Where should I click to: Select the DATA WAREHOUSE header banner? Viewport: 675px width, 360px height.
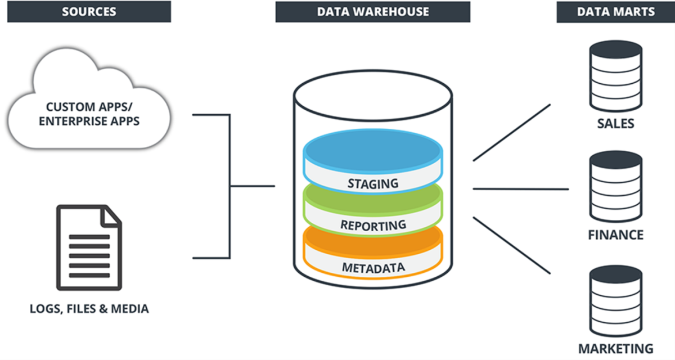(372, 11)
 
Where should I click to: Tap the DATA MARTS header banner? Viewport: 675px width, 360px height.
(615, 11)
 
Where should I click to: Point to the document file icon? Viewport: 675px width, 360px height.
(88, 247)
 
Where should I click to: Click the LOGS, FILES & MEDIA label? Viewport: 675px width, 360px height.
(89, 308)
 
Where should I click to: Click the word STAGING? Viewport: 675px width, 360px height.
(372, 183)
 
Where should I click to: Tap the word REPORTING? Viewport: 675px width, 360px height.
(372, 225)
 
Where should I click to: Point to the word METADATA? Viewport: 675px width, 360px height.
(372, 267)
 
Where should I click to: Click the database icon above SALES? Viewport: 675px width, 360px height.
(615, 76)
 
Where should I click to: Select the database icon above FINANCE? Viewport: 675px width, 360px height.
(615, 188)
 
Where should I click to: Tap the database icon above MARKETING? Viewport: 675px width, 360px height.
(615, 301)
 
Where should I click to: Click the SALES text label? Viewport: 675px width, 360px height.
(615, 123)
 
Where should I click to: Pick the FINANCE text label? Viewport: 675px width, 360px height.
(615, 234)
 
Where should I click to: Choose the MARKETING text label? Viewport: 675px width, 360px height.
(615, 348)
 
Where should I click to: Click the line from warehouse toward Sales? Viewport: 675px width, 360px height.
(511, 133)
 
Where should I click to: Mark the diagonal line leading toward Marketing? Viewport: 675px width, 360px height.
(511, 245)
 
